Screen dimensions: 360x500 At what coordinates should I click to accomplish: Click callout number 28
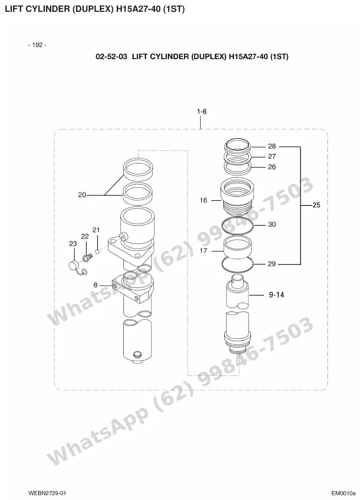[272, 146]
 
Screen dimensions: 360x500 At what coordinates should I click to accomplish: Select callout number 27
[272, 157]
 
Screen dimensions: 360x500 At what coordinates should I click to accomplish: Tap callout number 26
[272, 167]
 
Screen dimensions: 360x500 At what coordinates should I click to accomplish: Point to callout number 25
[316, 205]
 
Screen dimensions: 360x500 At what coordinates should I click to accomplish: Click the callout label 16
[203, 200]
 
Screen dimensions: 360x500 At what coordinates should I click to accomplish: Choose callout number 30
[272, 225]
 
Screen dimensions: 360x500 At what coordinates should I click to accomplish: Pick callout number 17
[203, 251]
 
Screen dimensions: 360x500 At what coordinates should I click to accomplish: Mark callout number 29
[272, 264]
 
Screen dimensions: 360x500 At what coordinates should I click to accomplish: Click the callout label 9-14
[277, 295]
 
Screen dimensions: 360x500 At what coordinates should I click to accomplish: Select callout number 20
[82, 195]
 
